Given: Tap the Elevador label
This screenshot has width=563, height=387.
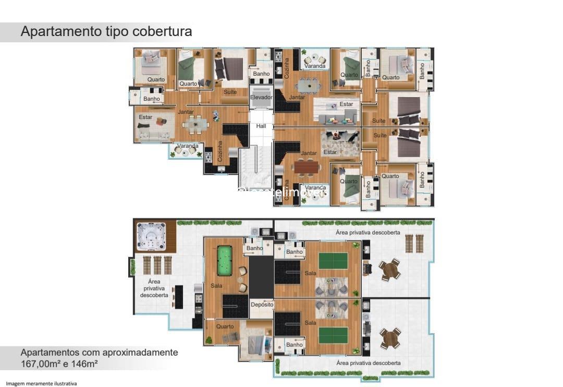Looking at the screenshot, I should coord(261,97).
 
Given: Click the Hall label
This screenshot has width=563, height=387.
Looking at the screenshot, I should coord(261,126).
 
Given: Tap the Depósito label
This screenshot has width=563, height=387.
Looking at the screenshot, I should coord(262,304).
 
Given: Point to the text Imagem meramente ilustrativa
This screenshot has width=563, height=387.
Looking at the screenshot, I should coord(41,384).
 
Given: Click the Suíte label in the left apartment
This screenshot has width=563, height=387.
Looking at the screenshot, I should coord(230,92).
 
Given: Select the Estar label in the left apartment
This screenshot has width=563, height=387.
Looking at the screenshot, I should coord(145,117).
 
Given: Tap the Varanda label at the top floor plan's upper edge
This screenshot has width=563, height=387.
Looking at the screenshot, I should coord(315,66).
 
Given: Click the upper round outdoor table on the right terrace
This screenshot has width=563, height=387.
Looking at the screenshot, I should coord(389,270).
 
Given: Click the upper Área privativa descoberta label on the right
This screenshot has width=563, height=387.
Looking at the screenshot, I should coord(368,232).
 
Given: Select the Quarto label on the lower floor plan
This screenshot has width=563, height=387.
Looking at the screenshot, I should coord(225,326).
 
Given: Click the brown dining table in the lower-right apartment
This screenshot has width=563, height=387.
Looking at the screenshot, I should coord(307,167).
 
